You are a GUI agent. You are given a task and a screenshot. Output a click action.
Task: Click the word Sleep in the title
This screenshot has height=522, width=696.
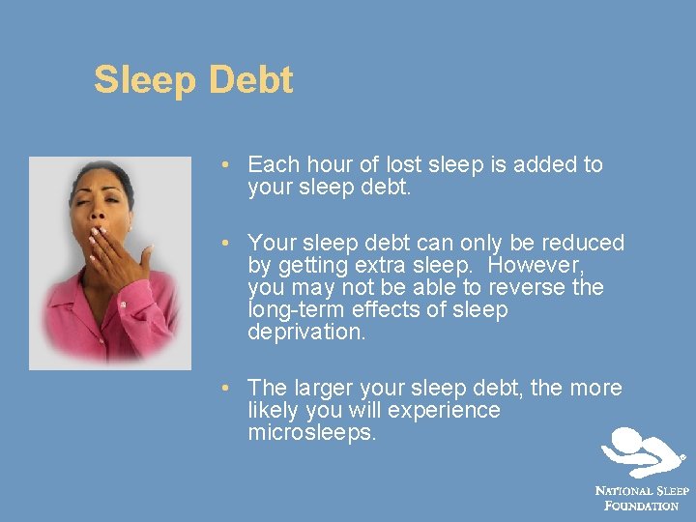pyautogui.click(x=142, y=80)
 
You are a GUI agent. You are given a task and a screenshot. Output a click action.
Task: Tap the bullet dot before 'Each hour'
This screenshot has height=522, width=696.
pyautogui.click(x=224, y=165)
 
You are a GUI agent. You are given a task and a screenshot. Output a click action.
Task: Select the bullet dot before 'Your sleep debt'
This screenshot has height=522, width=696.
pyautogui.click(x=224, y=244)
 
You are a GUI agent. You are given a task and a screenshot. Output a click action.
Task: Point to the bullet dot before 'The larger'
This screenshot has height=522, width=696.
pyautogui.click(x=224, y=389)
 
